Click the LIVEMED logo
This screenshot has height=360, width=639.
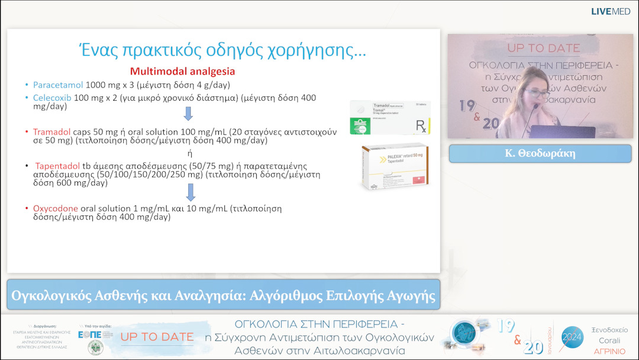[610, 12]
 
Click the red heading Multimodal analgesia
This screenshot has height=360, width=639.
[182, 71]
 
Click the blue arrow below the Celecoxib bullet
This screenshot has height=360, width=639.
[189, 113]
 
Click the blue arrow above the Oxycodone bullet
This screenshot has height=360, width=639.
[191, 192]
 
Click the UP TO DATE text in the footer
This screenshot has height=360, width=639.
[157, 337]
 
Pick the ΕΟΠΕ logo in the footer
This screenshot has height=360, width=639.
[89, 334]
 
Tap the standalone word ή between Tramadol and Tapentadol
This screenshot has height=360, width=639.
[189, 153]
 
